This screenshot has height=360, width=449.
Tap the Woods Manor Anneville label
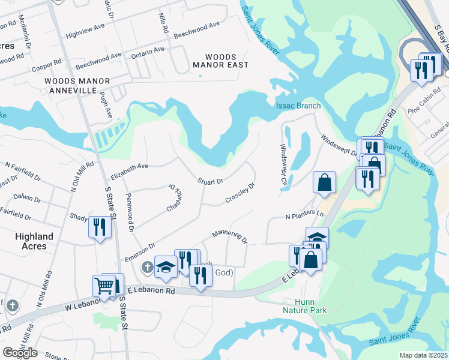(77, 85)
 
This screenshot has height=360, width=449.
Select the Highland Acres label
(34, 241)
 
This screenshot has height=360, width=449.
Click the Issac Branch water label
(298, 106)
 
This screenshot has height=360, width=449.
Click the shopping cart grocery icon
(104, 286)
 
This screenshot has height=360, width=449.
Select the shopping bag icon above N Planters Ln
(324, 182)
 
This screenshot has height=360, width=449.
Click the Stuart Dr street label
(211, 181)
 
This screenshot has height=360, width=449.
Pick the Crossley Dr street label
(240, 193)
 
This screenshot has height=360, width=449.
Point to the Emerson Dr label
(140, 252)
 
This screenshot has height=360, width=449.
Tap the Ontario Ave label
(147, 52)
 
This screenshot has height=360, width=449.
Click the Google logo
(20, 353)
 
